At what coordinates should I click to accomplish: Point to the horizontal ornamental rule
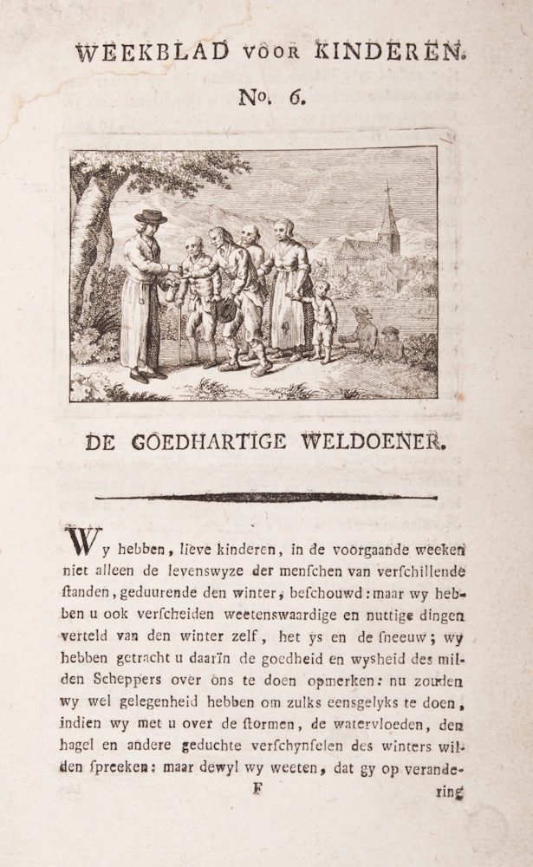click(266, 497)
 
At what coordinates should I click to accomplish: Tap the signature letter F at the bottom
click(256, 789)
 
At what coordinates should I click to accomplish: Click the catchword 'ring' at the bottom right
click(452, 791)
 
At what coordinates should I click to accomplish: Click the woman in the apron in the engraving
click(287, 286)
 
